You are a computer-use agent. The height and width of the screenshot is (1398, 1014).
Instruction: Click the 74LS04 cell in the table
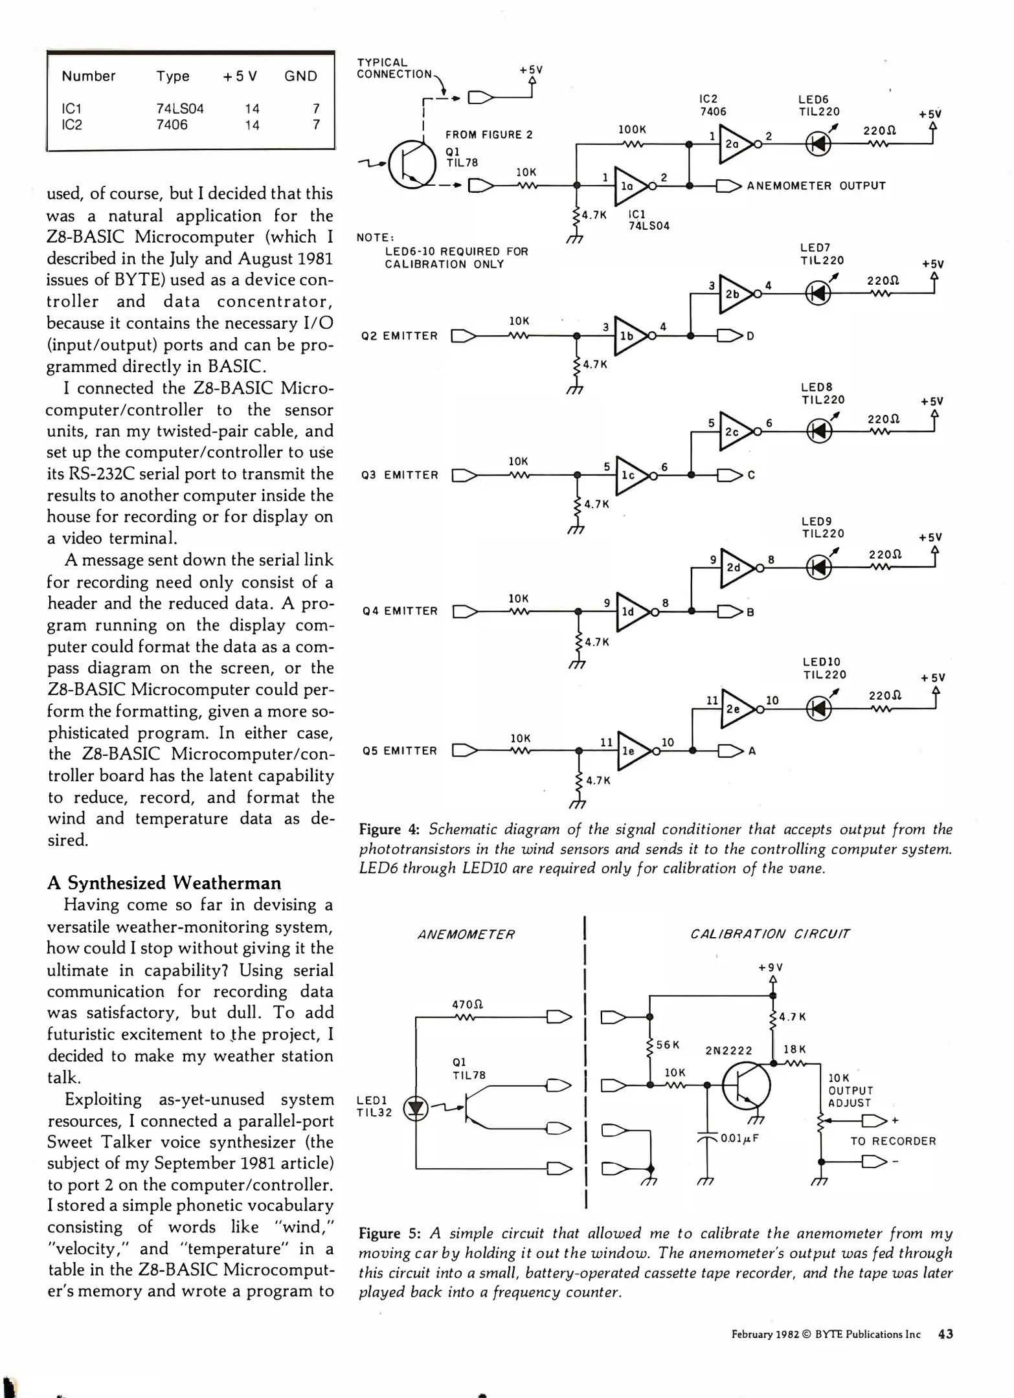click(x=179, y=109)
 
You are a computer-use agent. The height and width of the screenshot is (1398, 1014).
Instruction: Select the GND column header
click(x=300, y=76)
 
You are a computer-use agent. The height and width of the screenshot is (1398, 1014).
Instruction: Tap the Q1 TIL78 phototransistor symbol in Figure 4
click(x=413, y=164)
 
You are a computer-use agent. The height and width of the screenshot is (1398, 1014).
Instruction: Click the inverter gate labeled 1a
click(x=629, y=185)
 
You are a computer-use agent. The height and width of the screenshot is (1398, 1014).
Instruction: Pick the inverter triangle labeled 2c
click(x=734, y=431)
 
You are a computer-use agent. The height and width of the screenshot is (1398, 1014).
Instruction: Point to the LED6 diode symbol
click(x=818, y=143)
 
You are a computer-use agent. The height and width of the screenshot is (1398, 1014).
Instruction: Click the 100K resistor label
click(x=632, y=129)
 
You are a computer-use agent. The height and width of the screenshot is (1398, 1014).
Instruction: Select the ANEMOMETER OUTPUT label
click(x=816, y=186)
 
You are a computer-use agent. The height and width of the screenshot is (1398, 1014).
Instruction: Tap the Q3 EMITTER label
click(x=400, y=475)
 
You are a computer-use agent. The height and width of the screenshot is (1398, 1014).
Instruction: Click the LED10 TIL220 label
click(x=824, y=668)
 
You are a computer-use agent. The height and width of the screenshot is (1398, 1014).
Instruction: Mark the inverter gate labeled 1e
click(x=631, y=751)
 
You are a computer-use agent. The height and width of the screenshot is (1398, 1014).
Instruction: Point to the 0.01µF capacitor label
click(x=739, y=1138)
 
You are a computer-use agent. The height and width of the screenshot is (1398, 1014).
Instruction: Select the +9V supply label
click(x=771, y=968)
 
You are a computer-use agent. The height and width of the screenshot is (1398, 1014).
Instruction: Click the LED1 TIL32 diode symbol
click(x=416, y=1109)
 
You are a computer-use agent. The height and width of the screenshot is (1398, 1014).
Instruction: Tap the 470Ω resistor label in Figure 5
click(x=467, y=1005)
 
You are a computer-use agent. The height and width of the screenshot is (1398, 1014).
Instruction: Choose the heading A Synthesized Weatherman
click(x=164, y=883)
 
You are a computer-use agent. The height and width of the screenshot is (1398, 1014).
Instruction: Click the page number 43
click(x=945, y=1334)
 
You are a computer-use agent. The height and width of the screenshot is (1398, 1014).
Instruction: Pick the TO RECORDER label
click(x=893, y=1141)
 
